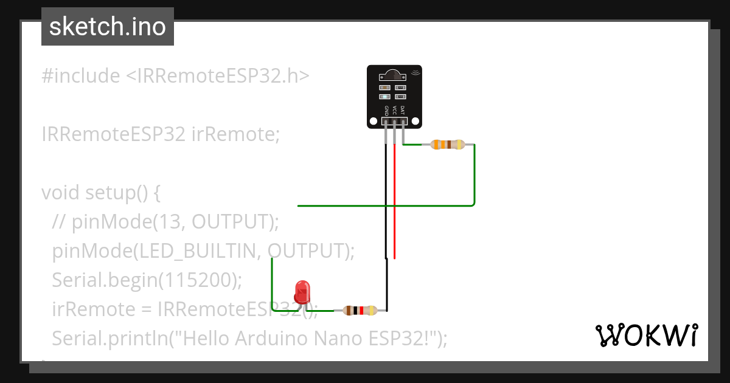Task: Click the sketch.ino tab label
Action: pos(107,27)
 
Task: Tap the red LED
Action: pos(302,292)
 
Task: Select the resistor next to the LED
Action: pos(360,311)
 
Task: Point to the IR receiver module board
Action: pos(394,97)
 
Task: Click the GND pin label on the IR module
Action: pos(386,111)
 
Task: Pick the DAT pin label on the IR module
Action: pos(402,111)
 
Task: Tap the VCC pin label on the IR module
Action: pos(394,111)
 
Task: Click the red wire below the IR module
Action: pos(394,201)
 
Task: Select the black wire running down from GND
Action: pos(386,201)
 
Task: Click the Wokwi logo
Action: pos(645,335)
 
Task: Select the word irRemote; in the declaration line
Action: pos(235,134)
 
